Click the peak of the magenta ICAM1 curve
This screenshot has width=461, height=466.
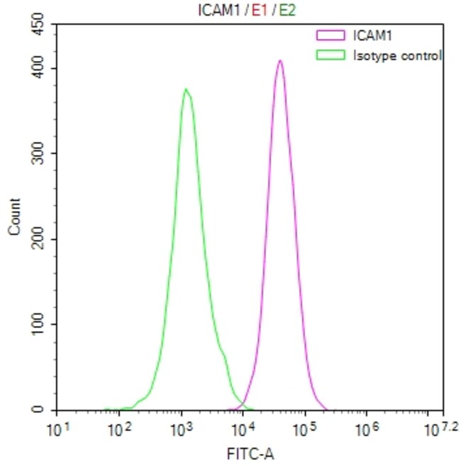coord(280,61)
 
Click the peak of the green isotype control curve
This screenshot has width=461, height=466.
coord(186,90)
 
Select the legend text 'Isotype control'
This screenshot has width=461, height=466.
coord(397,55)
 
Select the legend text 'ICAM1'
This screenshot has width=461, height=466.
coord(367,33)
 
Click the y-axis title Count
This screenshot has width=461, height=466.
coord(14,220)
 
